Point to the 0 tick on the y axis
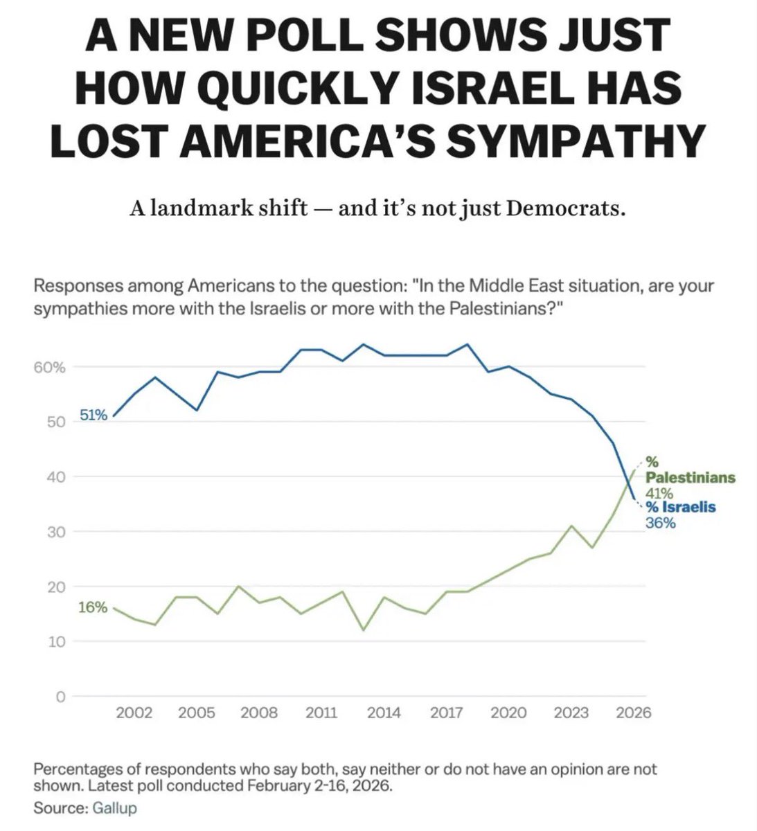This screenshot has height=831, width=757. [60, 697]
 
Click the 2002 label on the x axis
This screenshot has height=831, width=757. [134, 713]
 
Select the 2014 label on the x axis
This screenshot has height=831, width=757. [384, 713]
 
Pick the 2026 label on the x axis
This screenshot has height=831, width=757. [634, 713]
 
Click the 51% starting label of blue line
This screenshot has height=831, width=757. [93, 415]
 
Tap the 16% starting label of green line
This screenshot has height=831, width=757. [93, 607]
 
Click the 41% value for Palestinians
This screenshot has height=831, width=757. [659, 493]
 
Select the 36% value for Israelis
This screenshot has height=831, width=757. [660, 523]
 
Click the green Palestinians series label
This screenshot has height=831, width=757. [690, 478]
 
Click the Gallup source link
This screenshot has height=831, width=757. [114, 807]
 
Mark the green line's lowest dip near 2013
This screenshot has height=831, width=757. [364, 629]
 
